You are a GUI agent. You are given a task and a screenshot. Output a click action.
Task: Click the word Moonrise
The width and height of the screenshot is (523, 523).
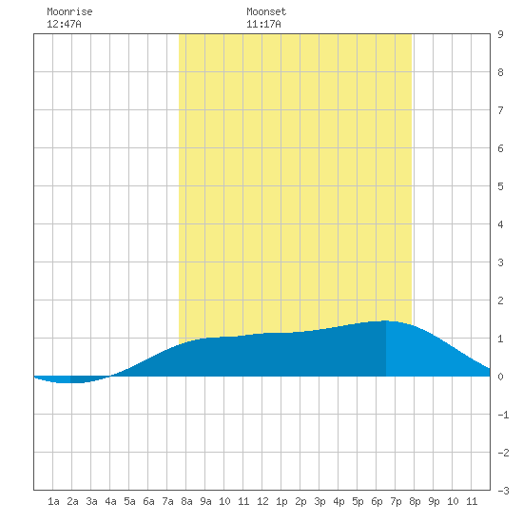tap(69, 11)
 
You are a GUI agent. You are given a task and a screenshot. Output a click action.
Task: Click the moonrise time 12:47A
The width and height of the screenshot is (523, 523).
tap(64, 24)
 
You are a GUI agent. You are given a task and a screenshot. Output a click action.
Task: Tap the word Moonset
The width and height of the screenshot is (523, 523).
tap(266, 11)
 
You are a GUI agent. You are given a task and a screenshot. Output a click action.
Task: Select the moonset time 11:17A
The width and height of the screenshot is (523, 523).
tap(263, 24)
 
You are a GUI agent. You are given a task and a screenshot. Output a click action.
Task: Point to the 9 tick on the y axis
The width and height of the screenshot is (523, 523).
tap(500, 34)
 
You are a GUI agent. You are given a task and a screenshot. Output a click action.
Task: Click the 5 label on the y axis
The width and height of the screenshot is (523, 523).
tap(500, 186)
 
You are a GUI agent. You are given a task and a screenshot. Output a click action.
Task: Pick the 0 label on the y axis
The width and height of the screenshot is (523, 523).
tap(500, 377)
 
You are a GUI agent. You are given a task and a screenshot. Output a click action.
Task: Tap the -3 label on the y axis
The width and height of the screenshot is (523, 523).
tap(503, 491)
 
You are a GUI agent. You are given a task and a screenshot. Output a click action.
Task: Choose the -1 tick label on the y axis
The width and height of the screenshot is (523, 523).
tap(503, 415)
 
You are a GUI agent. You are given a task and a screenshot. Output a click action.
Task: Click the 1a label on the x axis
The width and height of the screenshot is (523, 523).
tap(53, 501)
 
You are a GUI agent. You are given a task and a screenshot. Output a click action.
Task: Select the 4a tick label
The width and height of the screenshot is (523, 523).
tap(110, 501)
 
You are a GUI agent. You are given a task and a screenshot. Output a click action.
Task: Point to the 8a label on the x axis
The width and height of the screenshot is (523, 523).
tap(186, 501)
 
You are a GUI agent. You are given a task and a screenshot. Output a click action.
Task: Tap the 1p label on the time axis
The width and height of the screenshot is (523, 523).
tap(281, 501)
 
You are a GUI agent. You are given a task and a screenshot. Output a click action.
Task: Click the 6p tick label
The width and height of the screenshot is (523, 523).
tap(377, 501)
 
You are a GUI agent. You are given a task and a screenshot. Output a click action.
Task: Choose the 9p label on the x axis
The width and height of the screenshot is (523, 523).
tap(434, 501)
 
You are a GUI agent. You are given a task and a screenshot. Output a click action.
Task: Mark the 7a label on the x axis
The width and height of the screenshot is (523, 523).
tap(167, 501)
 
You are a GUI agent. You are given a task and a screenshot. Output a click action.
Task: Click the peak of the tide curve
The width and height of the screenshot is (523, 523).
tap(386, 320)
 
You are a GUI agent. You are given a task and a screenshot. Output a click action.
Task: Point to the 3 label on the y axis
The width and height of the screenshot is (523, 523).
tap(500, 262)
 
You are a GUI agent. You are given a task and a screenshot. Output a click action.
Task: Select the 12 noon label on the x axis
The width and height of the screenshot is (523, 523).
tap(262, 501)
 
